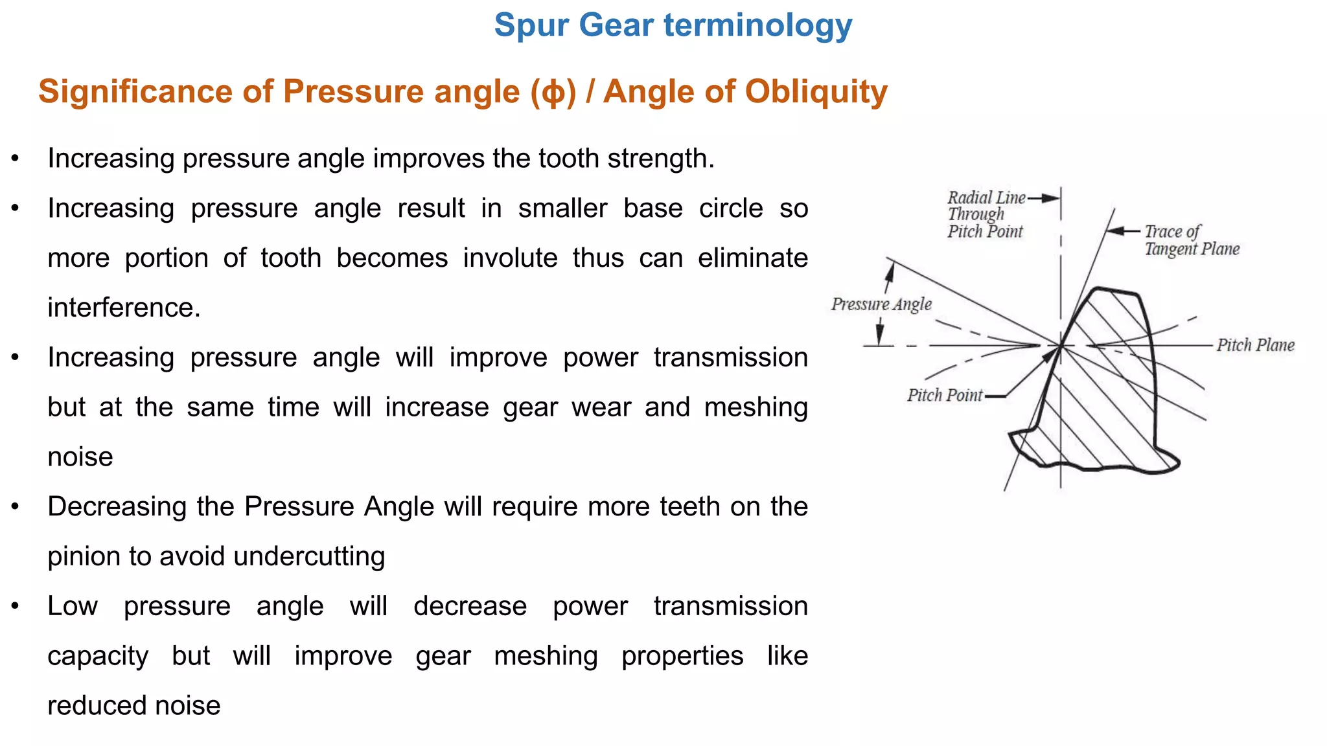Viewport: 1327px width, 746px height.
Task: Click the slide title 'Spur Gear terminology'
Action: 673,26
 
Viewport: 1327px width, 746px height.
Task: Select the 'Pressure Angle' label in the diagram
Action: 881,304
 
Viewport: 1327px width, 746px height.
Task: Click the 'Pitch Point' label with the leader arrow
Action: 944,395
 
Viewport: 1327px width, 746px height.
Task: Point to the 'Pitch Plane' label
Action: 1255,345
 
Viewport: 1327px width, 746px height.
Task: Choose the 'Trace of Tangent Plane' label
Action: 1191,240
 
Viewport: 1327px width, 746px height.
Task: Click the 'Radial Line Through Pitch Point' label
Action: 986,214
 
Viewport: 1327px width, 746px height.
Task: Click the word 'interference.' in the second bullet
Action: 124,308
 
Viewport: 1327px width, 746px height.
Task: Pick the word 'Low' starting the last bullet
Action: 73,606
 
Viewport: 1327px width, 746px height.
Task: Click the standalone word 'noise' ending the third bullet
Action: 80,457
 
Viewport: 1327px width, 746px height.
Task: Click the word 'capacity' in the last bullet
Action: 98,656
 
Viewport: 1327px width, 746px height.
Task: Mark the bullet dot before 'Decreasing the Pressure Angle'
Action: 16,506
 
